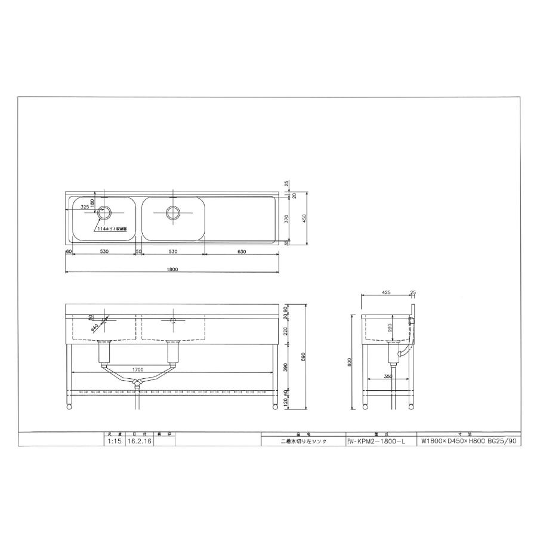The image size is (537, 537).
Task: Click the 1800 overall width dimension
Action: pos(172,269)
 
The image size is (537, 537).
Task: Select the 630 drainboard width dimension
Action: pos(242,252)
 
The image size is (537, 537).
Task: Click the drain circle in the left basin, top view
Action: pos(105,212)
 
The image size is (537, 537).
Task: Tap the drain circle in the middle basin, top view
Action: pos(173,212)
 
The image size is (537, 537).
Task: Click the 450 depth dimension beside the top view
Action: pos(304,218)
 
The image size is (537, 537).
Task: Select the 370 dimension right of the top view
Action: pos(287,218)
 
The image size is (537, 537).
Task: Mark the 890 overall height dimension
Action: pos(304,356)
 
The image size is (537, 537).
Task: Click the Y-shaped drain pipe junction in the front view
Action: pos(138,382)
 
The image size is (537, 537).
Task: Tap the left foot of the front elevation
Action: pos(69,407)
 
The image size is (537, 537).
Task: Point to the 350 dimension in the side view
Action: pos(388,377)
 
